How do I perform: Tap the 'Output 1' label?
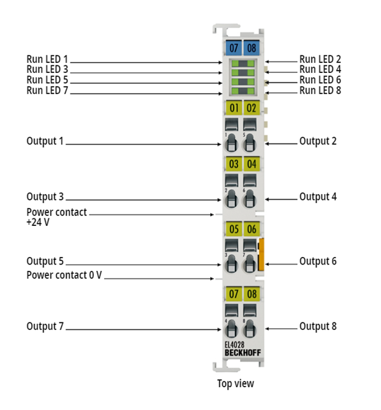(x=45, y=140)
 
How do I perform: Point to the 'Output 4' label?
(x=317, y=197)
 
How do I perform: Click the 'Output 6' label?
(x=317, y=261)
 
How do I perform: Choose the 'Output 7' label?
(x=45, y=326)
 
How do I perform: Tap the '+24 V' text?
(x=38, y=223)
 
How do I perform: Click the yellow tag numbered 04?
(x=251, y=164)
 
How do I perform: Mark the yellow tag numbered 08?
(x=251, y=294)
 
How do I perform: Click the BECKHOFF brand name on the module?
(x=241, y=352)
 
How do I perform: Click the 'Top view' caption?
(x=235, y=383)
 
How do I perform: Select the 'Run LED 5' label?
(x=47, y=80)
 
